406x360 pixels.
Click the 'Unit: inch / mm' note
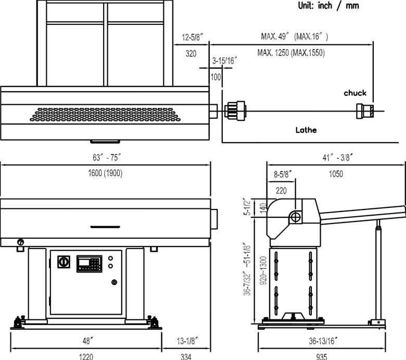click(x=328, y=5)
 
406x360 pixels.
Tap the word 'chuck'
click(x=355, y=93)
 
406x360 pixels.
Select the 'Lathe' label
click(x=306, y=130)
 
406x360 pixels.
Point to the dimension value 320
click(x=191, y=54)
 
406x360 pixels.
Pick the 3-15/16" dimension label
click(x=225, y=60)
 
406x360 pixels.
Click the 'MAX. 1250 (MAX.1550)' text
click(x=291, y=53)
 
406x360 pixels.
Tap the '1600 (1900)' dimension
click(x=105, y=173)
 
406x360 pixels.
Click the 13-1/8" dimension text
click(x=188, y=341)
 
